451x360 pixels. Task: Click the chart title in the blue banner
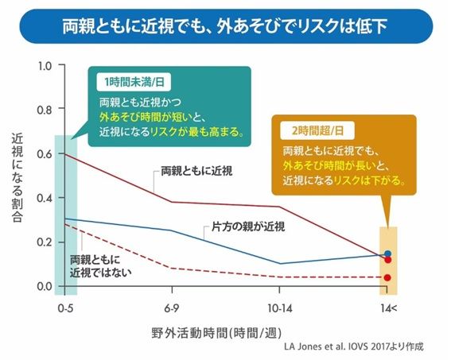(x=225, y=25)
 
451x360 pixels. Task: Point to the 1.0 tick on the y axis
(x=45, y=66)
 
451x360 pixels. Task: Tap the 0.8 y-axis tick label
(x=45, y=110)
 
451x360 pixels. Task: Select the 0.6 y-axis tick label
(x=45, y=153)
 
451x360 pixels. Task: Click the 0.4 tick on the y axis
(x=45, y=198)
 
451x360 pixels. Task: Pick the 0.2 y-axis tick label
(x=45, y=242)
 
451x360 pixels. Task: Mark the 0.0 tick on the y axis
(x=45, y=286)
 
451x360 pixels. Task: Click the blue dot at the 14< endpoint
(x=387, y=254)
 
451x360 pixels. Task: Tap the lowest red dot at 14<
(x=387, y=277)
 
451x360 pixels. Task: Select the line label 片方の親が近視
(x=248, y=226)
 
